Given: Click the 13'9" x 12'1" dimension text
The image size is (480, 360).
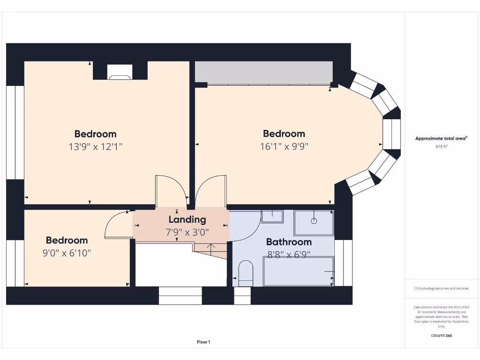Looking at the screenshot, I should (x=95, y=147).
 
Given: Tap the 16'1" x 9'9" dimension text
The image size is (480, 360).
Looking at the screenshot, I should (x=284, y=146).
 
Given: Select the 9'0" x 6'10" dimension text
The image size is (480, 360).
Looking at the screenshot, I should (x=67, y=253).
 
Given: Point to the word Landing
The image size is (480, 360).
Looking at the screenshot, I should (x=187, y=219).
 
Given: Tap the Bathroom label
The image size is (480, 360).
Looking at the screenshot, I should (x=289, y=242).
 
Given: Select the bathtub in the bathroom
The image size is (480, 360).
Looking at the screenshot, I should (x=298, y=271).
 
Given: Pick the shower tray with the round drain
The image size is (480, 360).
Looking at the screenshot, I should (x=314, y=222).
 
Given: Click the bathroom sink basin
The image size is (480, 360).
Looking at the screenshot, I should (x=272, y=216).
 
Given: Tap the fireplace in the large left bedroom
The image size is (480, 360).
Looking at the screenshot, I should (x=120, y=72).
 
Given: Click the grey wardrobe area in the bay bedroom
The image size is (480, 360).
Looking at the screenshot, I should (x=263, y=73).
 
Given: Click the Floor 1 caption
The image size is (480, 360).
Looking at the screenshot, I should (x=203, y=342).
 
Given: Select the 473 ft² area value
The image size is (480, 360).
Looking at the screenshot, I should (x=441, y=147).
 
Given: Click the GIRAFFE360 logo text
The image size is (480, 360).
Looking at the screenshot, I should (x=441, y=336).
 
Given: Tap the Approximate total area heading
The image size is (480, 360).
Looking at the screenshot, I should (x=441, y=138).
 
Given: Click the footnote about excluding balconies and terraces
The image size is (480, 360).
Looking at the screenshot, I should (x=441, y=288).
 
